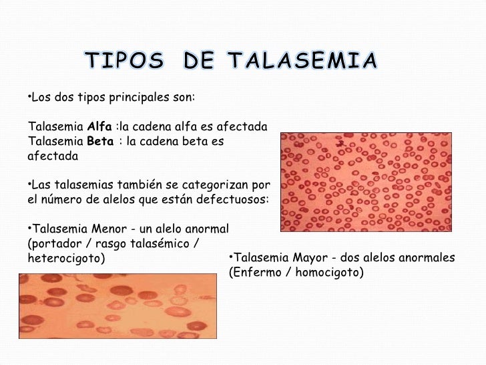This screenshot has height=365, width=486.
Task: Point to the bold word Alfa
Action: click(x=99, y=126)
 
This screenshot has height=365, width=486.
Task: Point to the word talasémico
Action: click(x=158, y=243)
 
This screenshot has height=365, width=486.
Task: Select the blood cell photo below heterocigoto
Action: click(x=114, y=315)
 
